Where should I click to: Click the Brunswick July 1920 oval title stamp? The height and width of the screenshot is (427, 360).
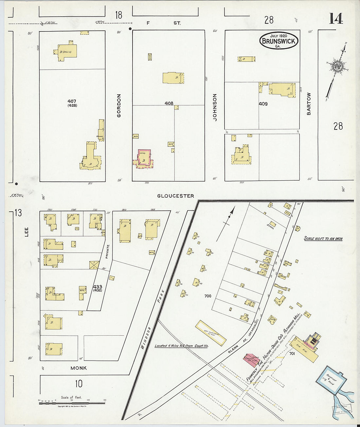point(279,41)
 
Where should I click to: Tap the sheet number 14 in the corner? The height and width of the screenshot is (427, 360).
point(336,19)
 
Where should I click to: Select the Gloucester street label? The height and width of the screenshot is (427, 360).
point(175,196)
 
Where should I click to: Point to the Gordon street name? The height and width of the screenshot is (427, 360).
point(119,106)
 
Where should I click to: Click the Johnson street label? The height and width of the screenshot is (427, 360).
point(215,107)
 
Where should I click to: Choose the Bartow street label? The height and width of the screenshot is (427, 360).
point(309,104)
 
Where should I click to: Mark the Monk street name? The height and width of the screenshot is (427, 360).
point(79,368)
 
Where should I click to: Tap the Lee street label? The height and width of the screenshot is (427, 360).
point(27,232)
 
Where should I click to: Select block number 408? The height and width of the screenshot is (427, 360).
point(169,103)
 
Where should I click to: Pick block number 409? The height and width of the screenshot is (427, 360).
point(263,104)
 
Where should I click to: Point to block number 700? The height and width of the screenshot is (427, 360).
point(207,296)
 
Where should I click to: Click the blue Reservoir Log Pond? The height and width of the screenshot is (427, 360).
point(331,379)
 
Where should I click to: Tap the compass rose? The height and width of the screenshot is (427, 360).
point(336,67)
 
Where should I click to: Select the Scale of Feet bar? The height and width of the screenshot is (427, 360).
point(72,403)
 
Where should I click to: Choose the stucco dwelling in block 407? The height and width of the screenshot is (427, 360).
point(67,51)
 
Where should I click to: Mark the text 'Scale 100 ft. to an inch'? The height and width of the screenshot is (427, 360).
point(323,239)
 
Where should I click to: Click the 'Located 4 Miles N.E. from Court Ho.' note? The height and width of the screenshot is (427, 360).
point(181,346)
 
